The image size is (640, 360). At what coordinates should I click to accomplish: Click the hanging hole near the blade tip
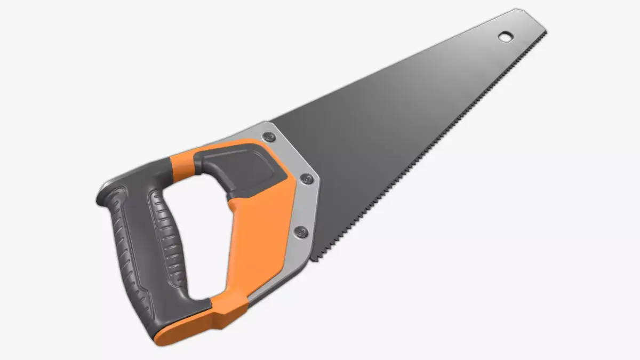point(505,36)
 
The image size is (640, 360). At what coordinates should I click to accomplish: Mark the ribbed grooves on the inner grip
point(168,235)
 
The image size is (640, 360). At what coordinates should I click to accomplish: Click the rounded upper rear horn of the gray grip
point(109,192)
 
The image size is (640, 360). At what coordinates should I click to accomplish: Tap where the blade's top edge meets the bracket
point(267,122)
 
